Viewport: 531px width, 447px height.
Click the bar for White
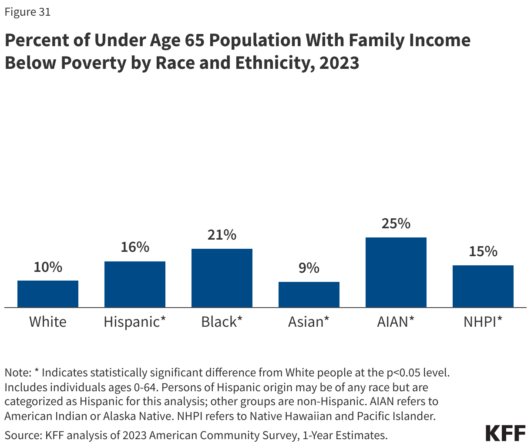48,294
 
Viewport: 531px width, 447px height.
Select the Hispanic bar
135,284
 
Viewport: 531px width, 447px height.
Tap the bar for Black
222,278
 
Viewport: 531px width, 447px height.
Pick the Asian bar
309,295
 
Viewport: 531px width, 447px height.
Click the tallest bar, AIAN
396,272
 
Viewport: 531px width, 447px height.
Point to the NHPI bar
483,286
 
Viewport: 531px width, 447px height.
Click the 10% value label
48,267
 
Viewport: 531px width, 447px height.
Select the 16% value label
135,247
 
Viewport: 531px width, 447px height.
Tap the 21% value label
222,235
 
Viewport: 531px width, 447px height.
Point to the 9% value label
309,268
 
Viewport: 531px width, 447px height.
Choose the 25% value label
396,224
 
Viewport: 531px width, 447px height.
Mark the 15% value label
483,251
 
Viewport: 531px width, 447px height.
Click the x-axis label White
48,322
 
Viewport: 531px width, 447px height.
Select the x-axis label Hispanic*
135,322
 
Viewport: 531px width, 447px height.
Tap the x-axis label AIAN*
396,322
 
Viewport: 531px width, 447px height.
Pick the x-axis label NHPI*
483,322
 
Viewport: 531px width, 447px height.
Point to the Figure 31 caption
27,12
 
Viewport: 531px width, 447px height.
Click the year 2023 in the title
339,63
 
